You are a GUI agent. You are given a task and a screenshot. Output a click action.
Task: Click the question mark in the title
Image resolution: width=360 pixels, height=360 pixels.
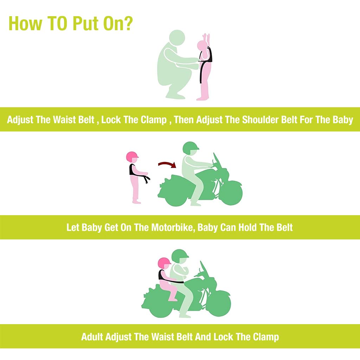[x=127, y=23]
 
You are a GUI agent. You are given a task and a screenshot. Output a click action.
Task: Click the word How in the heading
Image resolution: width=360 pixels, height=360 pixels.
[x=25, y=24]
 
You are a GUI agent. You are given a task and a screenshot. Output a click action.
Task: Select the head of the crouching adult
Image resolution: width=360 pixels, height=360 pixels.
[x=177, y=38]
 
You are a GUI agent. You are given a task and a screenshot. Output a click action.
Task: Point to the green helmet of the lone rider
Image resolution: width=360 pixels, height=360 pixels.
[x=191, y=148]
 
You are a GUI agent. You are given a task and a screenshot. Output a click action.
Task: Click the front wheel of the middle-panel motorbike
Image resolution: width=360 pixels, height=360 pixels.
[x=231, y=194]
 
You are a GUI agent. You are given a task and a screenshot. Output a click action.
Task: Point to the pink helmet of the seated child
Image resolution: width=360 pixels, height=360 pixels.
[x=165, y=263]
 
